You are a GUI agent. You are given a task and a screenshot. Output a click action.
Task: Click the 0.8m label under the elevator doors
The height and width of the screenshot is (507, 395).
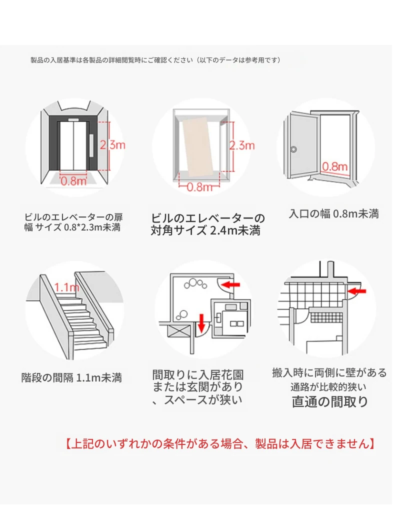[x=73, y=181]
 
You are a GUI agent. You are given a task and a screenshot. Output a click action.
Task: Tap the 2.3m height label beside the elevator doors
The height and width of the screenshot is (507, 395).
[x=110, y=145]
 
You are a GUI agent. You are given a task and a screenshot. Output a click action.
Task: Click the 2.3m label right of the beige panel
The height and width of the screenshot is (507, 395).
[x=242, y=145]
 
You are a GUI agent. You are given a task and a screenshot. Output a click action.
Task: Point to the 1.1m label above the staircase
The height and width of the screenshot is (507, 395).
[x=66, y=287]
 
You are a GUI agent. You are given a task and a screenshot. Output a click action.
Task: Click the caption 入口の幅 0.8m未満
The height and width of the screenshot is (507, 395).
[x=333, y=214]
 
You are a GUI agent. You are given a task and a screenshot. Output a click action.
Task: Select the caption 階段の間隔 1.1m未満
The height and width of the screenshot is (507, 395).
[x=71, y=378]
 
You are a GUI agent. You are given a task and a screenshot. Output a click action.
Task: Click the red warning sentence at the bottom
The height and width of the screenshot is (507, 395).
[x=220, y=443]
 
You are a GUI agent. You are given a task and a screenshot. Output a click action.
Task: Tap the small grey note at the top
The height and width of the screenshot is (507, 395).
[x=155, y=60]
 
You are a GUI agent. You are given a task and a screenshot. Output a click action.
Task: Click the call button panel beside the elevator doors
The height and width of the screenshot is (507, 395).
[x=91, y=145]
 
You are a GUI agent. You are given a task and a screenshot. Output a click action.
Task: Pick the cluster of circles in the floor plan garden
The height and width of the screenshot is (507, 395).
[x=194, y=285]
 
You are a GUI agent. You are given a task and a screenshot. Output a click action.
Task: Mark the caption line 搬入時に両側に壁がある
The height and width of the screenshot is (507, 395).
[x=329, y=372]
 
